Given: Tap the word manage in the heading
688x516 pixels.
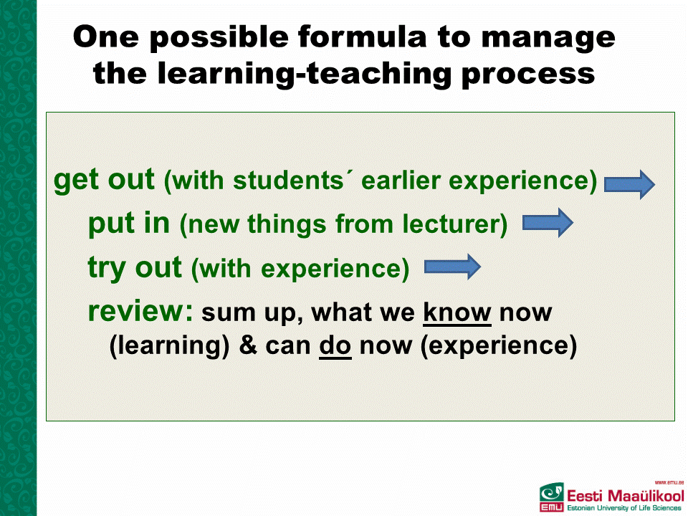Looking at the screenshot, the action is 548,39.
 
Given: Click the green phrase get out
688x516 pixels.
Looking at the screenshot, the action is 104,181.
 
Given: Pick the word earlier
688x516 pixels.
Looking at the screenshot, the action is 401,180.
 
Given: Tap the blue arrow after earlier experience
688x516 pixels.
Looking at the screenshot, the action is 630,184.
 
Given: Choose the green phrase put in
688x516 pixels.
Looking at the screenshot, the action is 129,224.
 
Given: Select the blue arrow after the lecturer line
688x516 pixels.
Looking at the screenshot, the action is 548,223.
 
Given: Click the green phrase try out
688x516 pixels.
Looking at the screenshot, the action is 135,268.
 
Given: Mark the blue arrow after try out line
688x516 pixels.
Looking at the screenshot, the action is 452,267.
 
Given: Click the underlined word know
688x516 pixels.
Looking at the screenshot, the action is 457,313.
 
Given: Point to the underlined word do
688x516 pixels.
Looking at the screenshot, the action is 335,346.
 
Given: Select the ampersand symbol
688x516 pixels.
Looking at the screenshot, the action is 248,345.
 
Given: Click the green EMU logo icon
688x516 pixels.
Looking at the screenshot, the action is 552,497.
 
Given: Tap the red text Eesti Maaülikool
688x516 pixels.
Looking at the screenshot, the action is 626,496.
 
